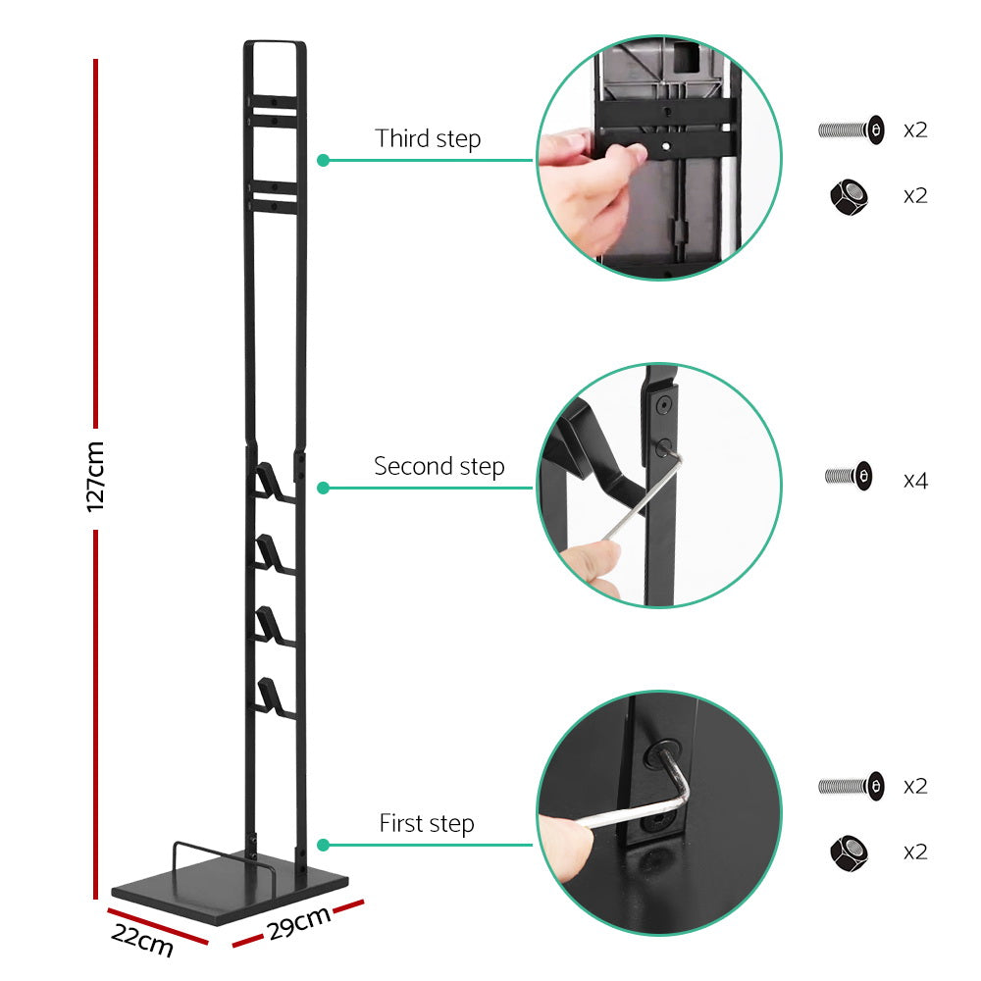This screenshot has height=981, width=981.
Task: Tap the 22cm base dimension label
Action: click(142, 940)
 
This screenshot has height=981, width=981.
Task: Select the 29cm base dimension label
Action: click(298, 923)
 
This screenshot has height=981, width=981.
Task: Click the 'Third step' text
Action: click(428, 138)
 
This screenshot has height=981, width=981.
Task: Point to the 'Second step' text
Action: click(439, 466)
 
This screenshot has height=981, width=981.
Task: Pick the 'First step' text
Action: click(427, 823)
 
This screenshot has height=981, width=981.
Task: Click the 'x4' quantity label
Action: click(915, 481)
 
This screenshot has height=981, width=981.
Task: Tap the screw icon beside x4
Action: click(849, 477)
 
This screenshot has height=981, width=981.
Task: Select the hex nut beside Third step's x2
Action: click(849, 196)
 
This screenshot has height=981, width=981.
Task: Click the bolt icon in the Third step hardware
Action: click(851, 129)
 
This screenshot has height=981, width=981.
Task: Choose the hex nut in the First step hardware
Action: click(849, 852)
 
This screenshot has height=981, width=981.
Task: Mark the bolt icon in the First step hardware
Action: click(851, 785)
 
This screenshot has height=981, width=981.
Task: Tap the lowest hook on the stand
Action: click(270, 695)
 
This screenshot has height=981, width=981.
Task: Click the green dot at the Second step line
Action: click(322, 488)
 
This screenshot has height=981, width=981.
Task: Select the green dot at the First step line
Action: click(322, 845)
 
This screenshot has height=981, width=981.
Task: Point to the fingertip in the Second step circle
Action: click(587, 564)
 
